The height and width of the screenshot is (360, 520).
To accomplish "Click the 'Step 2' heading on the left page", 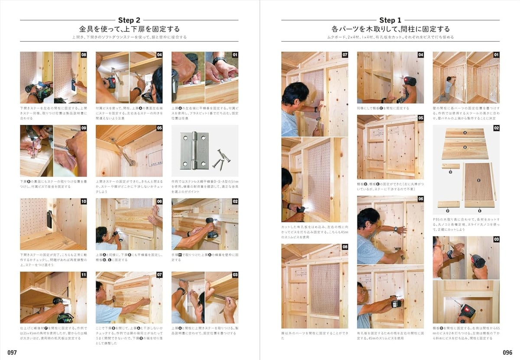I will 129,20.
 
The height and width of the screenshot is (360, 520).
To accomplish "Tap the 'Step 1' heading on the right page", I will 390,20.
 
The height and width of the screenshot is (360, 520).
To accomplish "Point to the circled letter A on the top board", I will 465,134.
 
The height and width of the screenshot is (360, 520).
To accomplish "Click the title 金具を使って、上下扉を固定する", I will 129,29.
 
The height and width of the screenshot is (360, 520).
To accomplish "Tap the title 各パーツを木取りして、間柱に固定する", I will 390,29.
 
